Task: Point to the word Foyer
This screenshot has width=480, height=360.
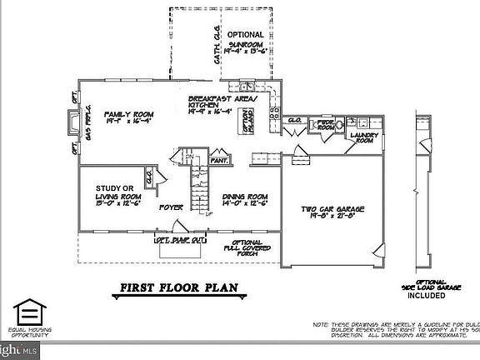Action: point(172,207)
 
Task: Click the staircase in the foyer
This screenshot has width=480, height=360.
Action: point(198,192)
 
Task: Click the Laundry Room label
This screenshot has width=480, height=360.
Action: point(363,138)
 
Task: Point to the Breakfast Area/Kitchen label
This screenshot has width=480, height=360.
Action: point(222,102)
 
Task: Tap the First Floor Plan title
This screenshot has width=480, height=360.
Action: point(176,289)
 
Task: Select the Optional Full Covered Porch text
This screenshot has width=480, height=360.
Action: point(246,248)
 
